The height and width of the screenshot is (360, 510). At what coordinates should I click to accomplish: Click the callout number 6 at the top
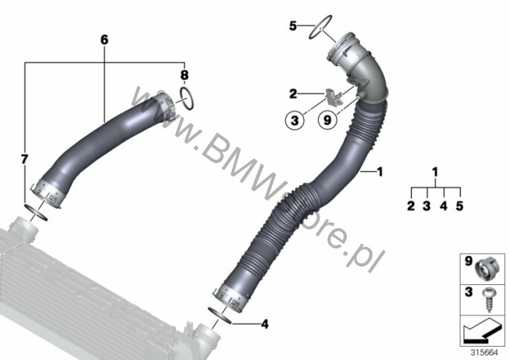tap(104, 39)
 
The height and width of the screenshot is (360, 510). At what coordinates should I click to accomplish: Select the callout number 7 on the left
tap(25, 159)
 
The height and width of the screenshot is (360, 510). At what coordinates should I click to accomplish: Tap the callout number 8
tap(184, 75)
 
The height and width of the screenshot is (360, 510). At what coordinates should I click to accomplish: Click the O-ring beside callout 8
tap(187, 98)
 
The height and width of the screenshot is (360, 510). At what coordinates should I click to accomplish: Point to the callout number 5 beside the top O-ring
tap(293, 26)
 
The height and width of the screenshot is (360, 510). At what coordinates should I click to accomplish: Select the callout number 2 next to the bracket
tap(293, 94)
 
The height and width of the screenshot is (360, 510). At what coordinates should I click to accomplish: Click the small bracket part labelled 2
tap(333, 97)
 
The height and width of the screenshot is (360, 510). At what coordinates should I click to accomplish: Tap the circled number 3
tap(294, 120)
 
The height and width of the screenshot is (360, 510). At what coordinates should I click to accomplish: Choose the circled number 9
tap(327, 120)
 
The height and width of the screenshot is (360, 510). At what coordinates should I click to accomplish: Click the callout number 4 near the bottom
tap(265, 324)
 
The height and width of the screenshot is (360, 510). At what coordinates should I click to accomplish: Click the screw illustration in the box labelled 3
tap(489, 300)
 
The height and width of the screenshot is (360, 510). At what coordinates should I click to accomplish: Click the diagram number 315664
tap(485, 353)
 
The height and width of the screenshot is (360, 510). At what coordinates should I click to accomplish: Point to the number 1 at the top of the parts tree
tap(435, 172)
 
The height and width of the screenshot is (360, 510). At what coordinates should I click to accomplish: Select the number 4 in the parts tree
tap(444, 206)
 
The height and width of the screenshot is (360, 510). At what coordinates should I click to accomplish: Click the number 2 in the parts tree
tap(411, 206)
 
